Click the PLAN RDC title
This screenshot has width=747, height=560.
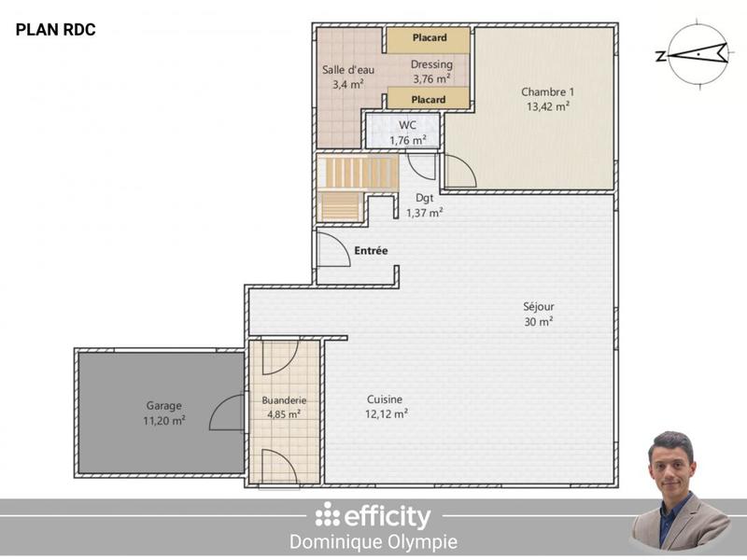point(55,31)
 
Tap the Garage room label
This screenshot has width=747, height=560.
point(163,413)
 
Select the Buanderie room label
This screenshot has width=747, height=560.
point(284,407)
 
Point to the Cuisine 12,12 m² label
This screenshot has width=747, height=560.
point(386,406)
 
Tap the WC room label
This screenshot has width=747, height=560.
point(407,133)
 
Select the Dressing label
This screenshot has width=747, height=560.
point(431,71)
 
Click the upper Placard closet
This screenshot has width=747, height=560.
point(428,39)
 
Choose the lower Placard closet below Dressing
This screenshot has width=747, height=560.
point(428,99)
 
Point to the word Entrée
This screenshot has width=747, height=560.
point(371,250)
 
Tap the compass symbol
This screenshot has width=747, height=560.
point(693,54)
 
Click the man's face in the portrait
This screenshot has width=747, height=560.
point(670,464)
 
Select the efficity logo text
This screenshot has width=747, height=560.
point(373,516)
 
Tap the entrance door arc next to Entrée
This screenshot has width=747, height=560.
point(332,250)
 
